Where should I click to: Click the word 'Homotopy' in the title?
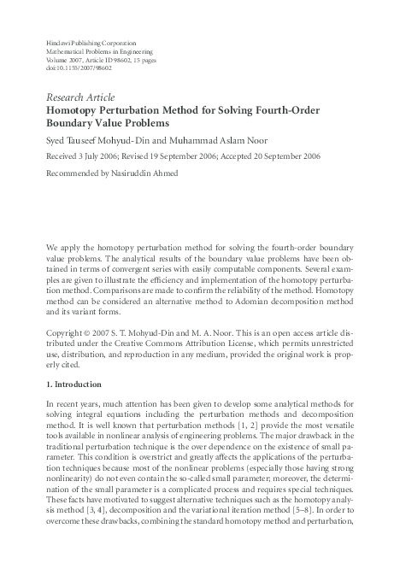[76, 110]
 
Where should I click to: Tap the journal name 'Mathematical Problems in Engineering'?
[101, 51]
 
